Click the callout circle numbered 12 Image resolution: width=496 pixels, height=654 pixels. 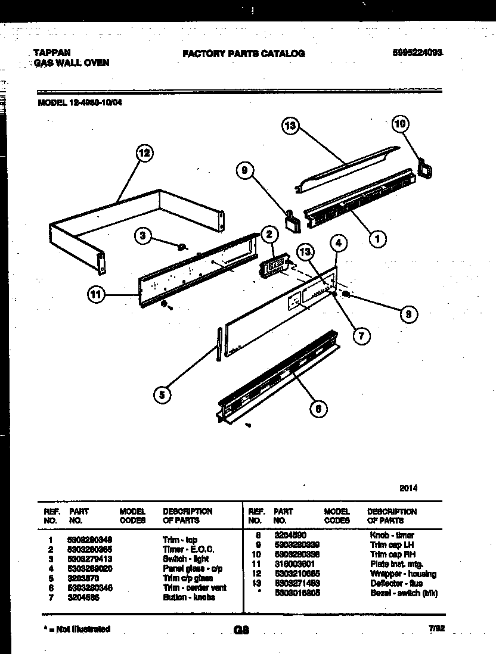143,154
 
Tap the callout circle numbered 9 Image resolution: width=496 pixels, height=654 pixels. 244,172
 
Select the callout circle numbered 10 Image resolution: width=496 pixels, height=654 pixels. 401,124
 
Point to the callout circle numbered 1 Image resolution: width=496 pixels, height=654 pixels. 377,239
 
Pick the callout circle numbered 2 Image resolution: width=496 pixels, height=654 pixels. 269,234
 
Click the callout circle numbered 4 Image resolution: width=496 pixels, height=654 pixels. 338,242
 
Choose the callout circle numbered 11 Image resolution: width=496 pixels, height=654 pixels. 95,294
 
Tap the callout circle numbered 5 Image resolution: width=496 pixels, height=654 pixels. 161,394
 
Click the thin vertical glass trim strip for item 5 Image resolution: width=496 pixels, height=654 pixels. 220,344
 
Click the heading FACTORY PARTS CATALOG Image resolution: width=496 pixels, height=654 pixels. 243,54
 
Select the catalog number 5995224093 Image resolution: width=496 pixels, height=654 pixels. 417,52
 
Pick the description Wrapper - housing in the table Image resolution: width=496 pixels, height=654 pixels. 402,574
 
